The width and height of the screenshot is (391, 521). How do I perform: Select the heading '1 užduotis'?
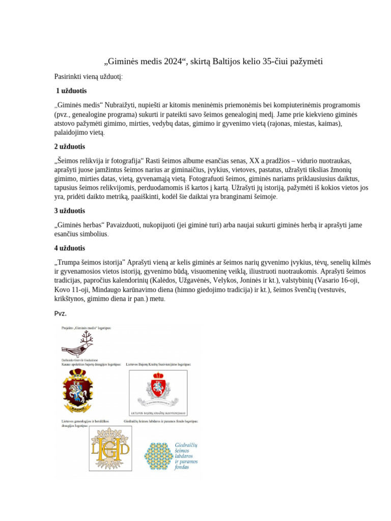coord(71,91)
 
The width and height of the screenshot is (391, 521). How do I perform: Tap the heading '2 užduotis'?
coord(70,147)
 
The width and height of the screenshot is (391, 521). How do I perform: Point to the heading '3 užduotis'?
coord(70,211)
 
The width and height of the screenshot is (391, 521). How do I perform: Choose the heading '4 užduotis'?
coord(70,248)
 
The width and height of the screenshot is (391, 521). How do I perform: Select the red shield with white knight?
coord(157,389)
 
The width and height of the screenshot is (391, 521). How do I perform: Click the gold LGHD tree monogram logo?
coord(110,447)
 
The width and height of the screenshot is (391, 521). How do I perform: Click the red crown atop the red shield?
coord(157,375)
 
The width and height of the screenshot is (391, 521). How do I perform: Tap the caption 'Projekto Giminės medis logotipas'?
coord(86,328)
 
